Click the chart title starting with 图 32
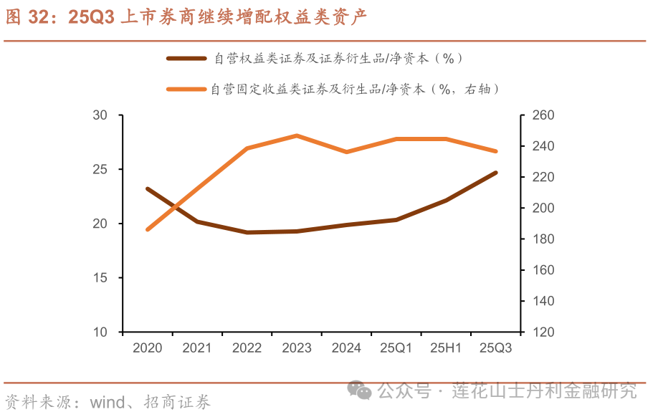click(186, 18)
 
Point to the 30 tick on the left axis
click(100, 115)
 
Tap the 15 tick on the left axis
click(100, 278)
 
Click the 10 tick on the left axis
click(100, 332)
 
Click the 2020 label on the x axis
click(147, 348)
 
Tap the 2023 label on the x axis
click(297, 348)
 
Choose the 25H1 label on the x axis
click(445, 348)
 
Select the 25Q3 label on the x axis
click(495, 348)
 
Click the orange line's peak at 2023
click(297, 135)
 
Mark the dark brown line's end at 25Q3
click(496, 173)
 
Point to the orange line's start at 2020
click(147, 229)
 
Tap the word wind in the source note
click(107, 402)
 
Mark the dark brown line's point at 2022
click(247, 232)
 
